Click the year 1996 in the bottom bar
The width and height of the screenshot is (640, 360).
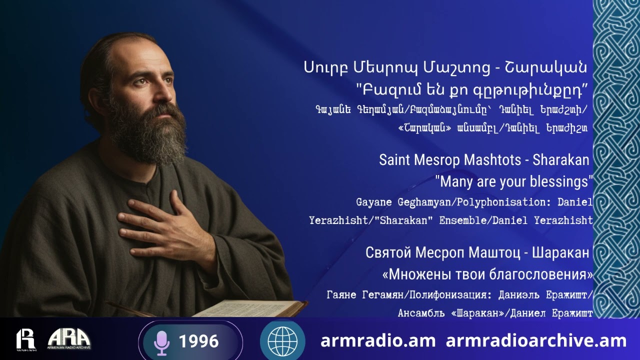(x=198, y=341)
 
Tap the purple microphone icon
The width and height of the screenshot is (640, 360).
(x=161, y=342)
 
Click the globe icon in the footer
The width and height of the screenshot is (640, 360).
(x=282, y=341)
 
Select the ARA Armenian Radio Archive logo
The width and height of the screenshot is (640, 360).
(x=69, y=339)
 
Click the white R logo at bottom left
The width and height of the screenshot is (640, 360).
(x=25, y=339)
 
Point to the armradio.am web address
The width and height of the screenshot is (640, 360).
(x=378, y=341)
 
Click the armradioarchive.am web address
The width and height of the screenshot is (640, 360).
(x=536, y=341)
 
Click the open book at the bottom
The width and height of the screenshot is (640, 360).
(x=245, y=308)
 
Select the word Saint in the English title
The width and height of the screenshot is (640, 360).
(x=394, y=159)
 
